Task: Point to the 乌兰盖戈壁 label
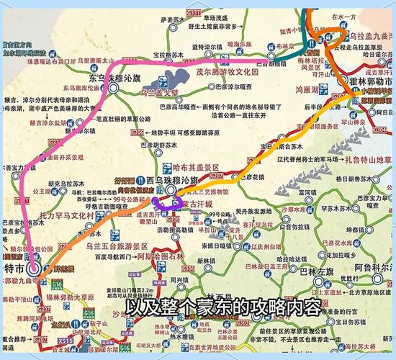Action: pos(158,92)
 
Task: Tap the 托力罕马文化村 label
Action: pos(67,215)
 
